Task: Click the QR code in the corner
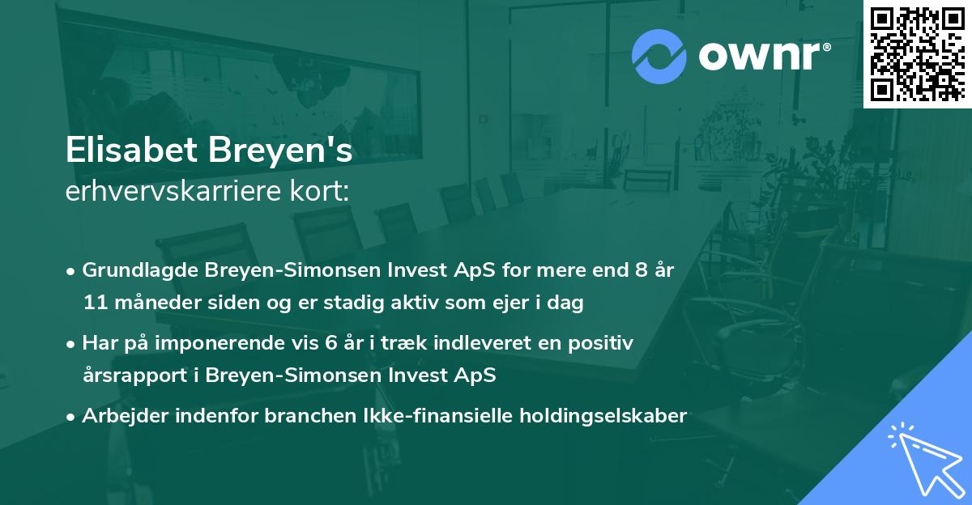coord(917,53)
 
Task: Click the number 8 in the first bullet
coord(633,270)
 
